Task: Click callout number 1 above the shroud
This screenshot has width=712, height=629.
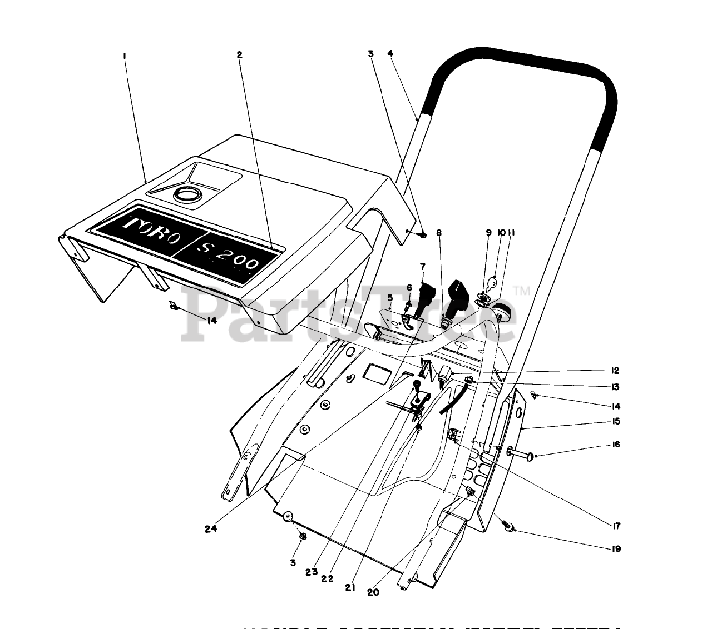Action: [x=125, y=55]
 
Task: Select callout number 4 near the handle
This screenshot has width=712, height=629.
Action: [x=390, y=53]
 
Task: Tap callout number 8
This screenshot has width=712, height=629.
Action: [x=438, y=233]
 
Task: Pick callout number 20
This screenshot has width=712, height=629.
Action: [x=373, y=592]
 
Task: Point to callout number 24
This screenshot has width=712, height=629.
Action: [x=210, y=528]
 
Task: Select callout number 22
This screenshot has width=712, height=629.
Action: [x=327, y=578]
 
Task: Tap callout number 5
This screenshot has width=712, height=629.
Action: [x=390, y=297]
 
